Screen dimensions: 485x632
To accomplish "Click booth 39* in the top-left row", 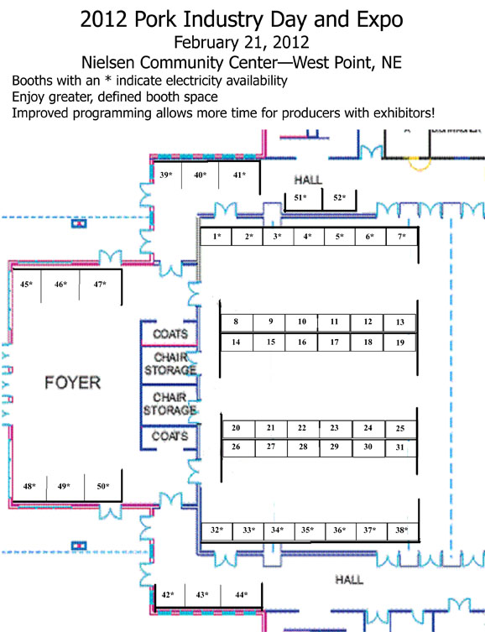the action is [x=166, y=175].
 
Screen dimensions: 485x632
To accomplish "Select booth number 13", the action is [x=400, y=322].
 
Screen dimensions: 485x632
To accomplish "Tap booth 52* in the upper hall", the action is [x=340, y=197].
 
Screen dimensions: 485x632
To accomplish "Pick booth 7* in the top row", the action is [x=402, y=236].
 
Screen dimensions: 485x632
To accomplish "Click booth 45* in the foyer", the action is [x=27, y=285].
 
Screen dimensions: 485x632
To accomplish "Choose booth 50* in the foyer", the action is [x=103, y=486].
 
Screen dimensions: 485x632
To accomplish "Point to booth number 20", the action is [x=236, y=428].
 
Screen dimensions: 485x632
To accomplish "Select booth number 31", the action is [x=399, y=447].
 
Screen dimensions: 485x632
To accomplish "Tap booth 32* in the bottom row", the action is [x=216, y=530].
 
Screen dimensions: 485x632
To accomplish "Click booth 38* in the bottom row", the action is [x=402, y=530].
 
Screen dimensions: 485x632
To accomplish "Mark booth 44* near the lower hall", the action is [x=242, y=594].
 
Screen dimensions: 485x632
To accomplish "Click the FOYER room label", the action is [x=72, y=383].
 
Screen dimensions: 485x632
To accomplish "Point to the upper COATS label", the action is [x=170, y=334].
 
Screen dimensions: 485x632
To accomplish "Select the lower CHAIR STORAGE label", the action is [x=170, y=404].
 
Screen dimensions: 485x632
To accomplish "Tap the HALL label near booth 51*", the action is [x=308, y=180].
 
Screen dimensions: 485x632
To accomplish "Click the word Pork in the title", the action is [x=155, y=19].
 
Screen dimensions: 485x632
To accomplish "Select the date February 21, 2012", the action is [x=242, y=42].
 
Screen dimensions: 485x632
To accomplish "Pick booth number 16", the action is [x=302, y=342].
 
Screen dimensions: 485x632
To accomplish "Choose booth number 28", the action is [x=303, y=447].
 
